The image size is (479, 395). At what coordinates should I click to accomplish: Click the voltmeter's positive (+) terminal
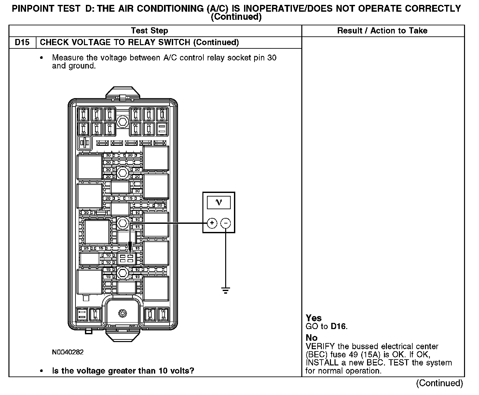[x=212, y=223]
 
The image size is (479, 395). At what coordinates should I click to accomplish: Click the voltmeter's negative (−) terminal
[x=226, y=223]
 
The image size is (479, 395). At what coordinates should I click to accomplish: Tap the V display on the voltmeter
[x=219, y=202]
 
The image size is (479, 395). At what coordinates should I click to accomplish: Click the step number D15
[x=22, y=43]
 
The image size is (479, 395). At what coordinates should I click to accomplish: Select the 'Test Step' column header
[x=149, y=31]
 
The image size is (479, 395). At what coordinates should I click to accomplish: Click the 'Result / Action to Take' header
[x=382, y=31]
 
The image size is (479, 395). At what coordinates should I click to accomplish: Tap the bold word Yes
[x=314, y=318]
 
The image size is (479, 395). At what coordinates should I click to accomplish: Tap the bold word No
[x=311, y=338]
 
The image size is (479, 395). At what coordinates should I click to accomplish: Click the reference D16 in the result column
[x=338, y=326]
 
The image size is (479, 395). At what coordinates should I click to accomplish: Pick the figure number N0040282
[x=68, y=352]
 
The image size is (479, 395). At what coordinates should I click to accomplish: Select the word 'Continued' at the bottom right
[x=439, y=383]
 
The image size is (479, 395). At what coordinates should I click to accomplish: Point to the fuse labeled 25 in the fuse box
[x=86, y=248]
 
